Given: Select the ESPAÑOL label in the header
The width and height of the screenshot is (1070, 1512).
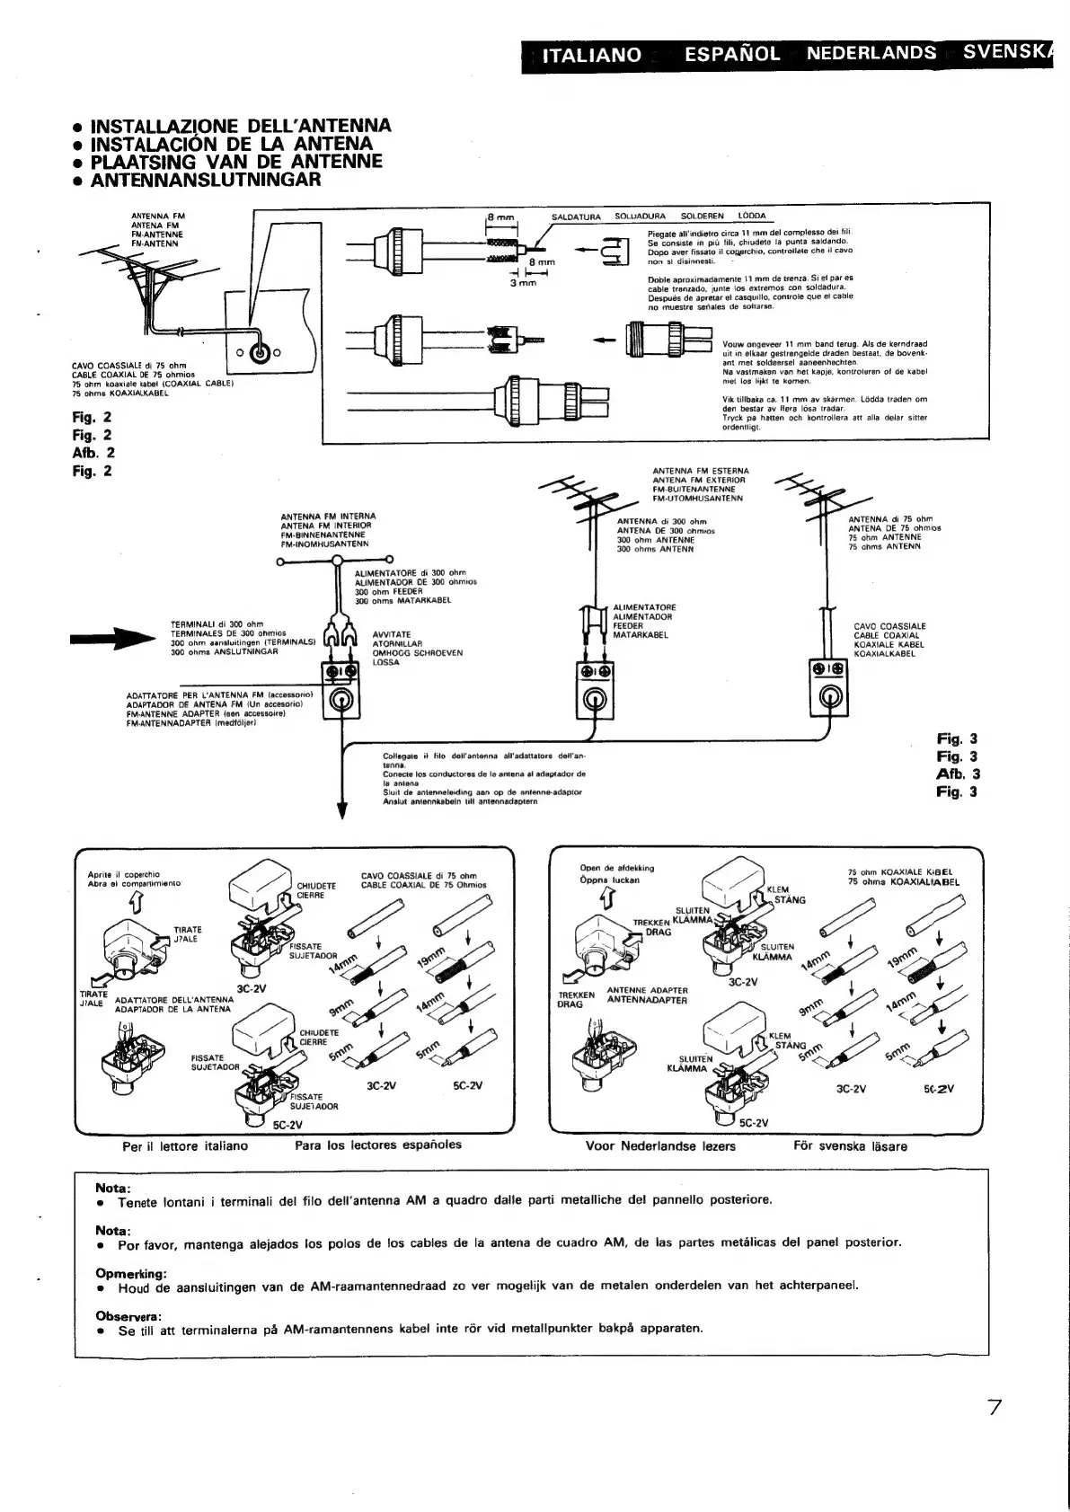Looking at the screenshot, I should point(731,54).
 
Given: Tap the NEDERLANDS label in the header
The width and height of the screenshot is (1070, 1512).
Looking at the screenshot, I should point(871,53).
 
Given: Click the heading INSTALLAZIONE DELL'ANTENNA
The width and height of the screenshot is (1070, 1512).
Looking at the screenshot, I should point(241,126).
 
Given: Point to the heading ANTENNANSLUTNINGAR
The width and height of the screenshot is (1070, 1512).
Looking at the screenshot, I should point(206,180).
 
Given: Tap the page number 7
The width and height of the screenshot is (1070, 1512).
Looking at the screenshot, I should point(995,1432).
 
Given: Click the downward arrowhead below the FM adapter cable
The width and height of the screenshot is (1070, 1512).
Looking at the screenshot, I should point(341,810).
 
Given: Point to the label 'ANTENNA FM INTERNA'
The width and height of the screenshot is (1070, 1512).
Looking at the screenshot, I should point(327,517).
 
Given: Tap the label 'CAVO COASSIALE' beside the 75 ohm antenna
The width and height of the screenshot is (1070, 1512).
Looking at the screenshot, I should point(889,626).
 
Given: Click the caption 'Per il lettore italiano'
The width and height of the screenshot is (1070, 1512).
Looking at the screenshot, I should point(185,1146).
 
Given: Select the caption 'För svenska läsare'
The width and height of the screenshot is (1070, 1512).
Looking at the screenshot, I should point(850,1146).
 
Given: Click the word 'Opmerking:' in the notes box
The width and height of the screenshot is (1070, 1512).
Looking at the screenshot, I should point(131,1273).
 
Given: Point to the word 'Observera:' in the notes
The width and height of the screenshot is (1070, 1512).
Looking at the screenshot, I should point(128,1316).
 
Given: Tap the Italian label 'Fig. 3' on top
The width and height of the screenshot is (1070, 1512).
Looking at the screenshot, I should point(957,739).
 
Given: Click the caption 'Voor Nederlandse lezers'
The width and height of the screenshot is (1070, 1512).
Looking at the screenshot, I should point(660,1146).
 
